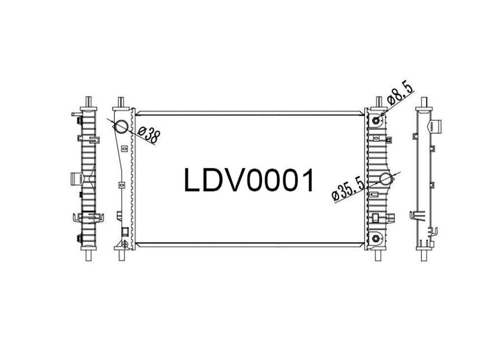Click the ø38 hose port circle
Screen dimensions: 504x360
[x=122, y=127]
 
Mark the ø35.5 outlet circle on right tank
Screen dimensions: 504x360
[x=386, y=179]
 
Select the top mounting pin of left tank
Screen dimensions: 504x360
[x=121, y=102]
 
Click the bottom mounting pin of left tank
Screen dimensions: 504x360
[x=122, y=255]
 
